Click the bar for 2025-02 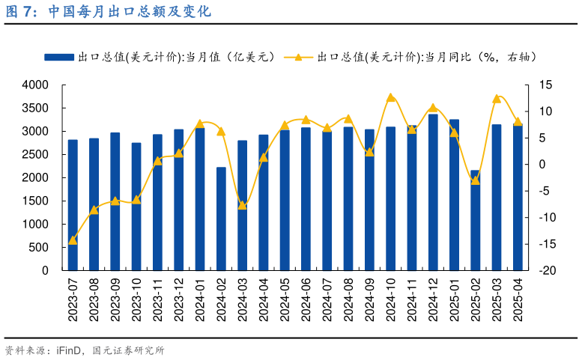tap(476, 220)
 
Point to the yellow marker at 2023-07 tap(73, 240)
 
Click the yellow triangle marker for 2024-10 tap(390, 97)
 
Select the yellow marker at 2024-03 tap(242, 205)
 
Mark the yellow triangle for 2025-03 tap(497, 98)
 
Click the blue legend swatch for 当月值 tap(59, 57)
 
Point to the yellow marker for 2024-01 tap(200, 123)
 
